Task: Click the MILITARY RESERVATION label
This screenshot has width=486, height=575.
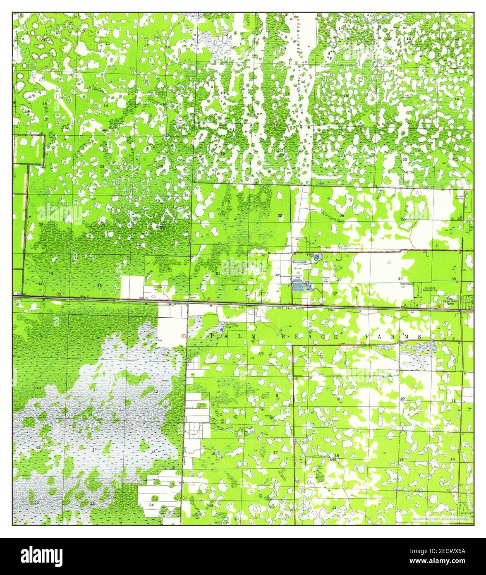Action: click(432, 290)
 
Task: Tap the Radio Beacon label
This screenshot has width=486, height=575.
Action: click(407, 284)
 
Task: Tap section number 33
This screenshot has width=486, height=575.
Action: click(339, 279)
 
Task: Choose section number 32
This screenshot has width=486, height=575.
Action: click(277, 275)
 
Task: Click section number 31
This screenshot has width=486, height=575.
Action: click(218, 273)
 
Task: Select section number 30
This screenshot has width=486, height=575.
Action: click(220, 214)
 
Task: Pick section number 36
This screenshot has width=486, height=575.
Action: click(159, 287)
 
